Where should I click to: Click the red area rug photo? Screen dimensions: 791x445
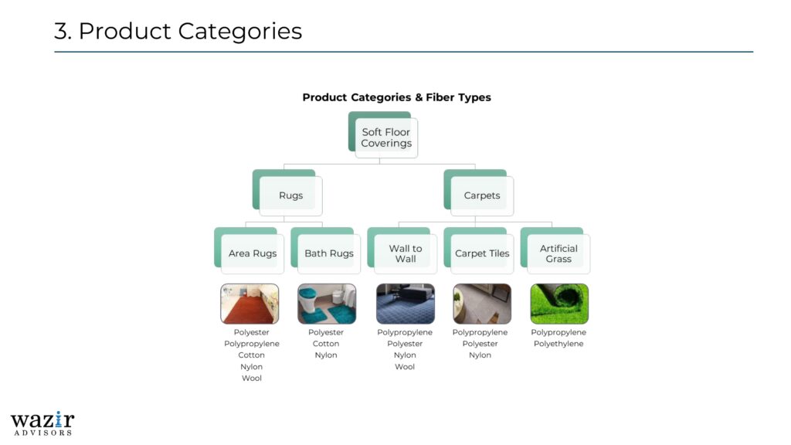(250, 304)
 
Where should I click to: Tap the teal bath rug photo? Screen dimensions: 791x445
(327, 304)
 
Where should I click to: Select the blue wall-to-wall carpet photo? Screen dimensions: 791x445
(406, 304)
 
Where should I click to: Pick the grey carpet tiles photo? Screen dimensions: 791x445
(482, 304)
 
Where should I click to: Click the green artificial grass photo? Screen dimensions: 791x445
(559, 304)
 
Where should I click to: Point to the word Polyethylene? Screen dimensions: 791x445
(558, 344)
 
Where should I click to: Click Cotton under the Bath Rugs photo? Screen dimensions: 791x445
(326, 344)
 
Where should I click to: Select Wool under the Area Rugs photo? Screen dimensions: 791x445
(252, 378)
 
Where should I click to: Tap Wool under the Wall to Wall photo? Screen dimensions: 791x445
(405, 367)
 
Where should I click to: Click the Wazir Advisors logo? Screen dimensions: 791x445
(42, 423)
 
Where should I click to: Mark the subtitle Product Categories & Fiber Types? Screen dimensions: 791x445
(396, 97)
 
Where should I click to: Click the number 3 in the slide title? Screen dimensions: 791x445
(60, 31)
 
